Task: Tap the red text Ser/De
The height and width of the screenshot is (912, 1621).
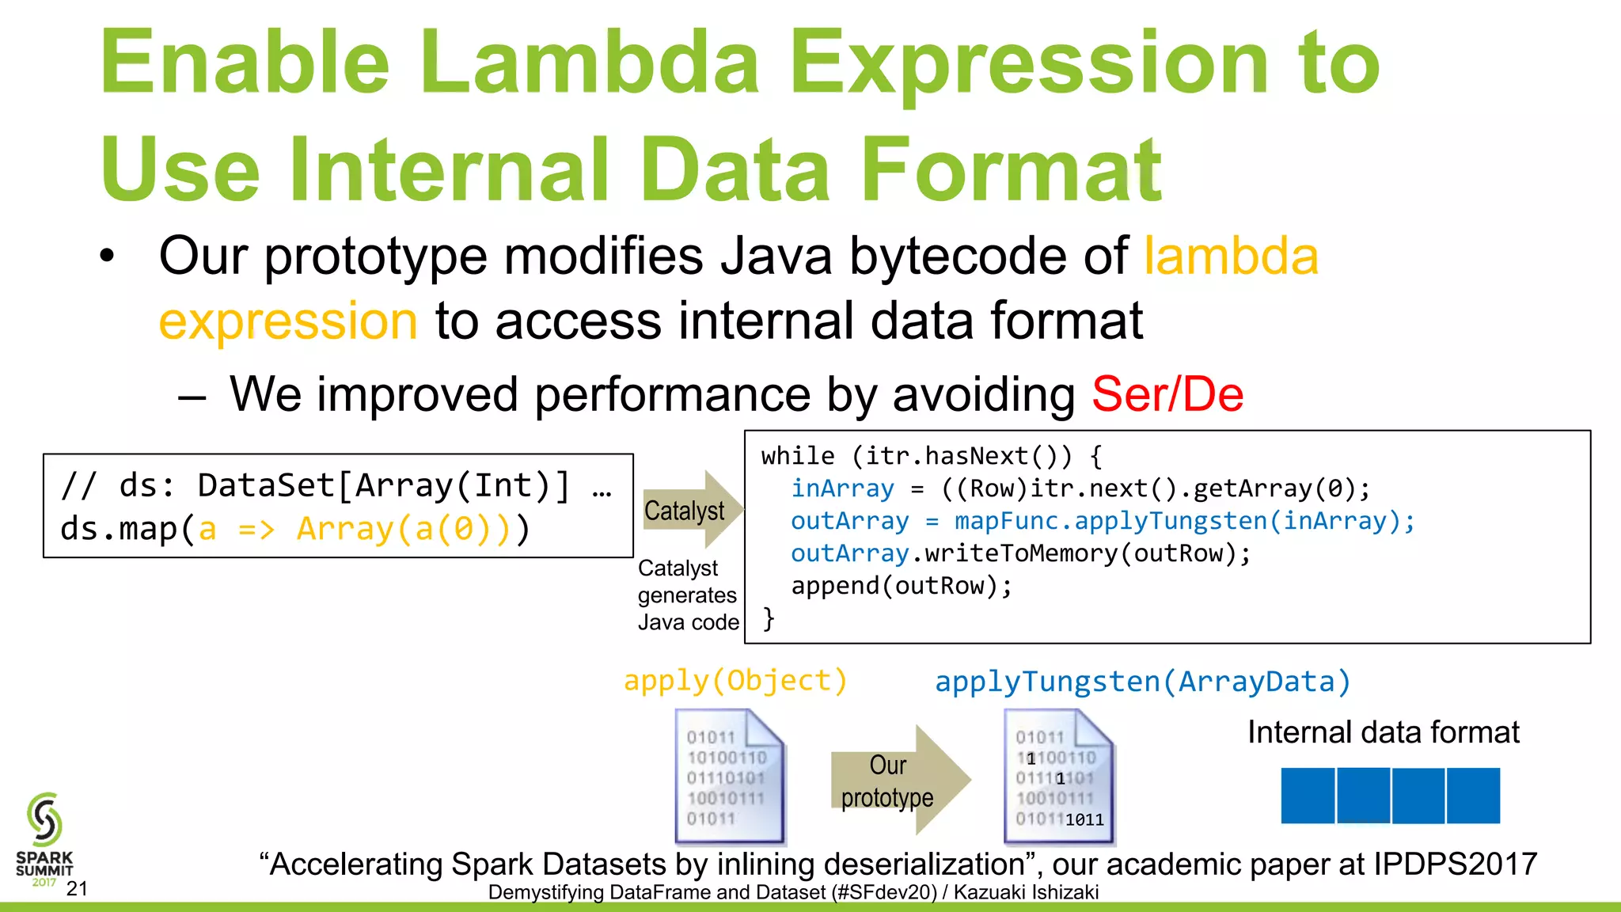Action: point(1167,394)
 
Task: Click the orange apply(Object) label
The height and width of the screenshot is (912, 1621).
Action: point(735,681)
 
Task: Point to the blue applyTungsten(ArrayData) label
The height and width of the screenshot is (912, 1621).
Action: point(1142,682)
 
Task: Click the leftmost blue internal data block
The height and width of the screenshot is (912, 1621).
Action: point(1308,795)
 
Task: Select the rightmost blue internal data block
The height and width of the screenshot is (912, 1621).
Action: point(1473,795)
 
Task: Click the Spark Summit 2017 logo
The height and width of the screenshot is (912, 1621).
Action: point(44,839)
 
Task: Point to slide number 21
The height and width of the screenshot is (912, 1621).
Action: point(77,889)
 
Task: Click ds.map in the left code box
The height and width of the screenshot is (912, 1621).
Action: point(119,529)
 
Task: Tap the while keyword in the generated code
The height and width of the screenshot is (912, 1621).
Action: point(797,456)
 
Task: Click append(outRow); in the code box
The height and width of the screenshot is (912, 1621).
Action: point(902,586)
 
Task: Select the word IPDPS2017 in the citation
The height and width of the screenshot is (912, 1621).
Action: point(1455,864)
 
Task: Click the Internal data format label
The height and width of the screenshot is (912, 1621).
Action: point(1383,732)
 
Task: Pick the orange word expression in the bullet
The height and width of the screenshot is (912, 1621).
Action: point(288,321)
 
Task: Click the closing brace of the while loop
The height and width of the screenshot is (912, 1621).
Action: point(768,618)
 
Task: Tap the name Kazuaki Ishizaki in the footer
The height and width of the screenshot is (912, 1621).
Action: point(1026,893)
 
